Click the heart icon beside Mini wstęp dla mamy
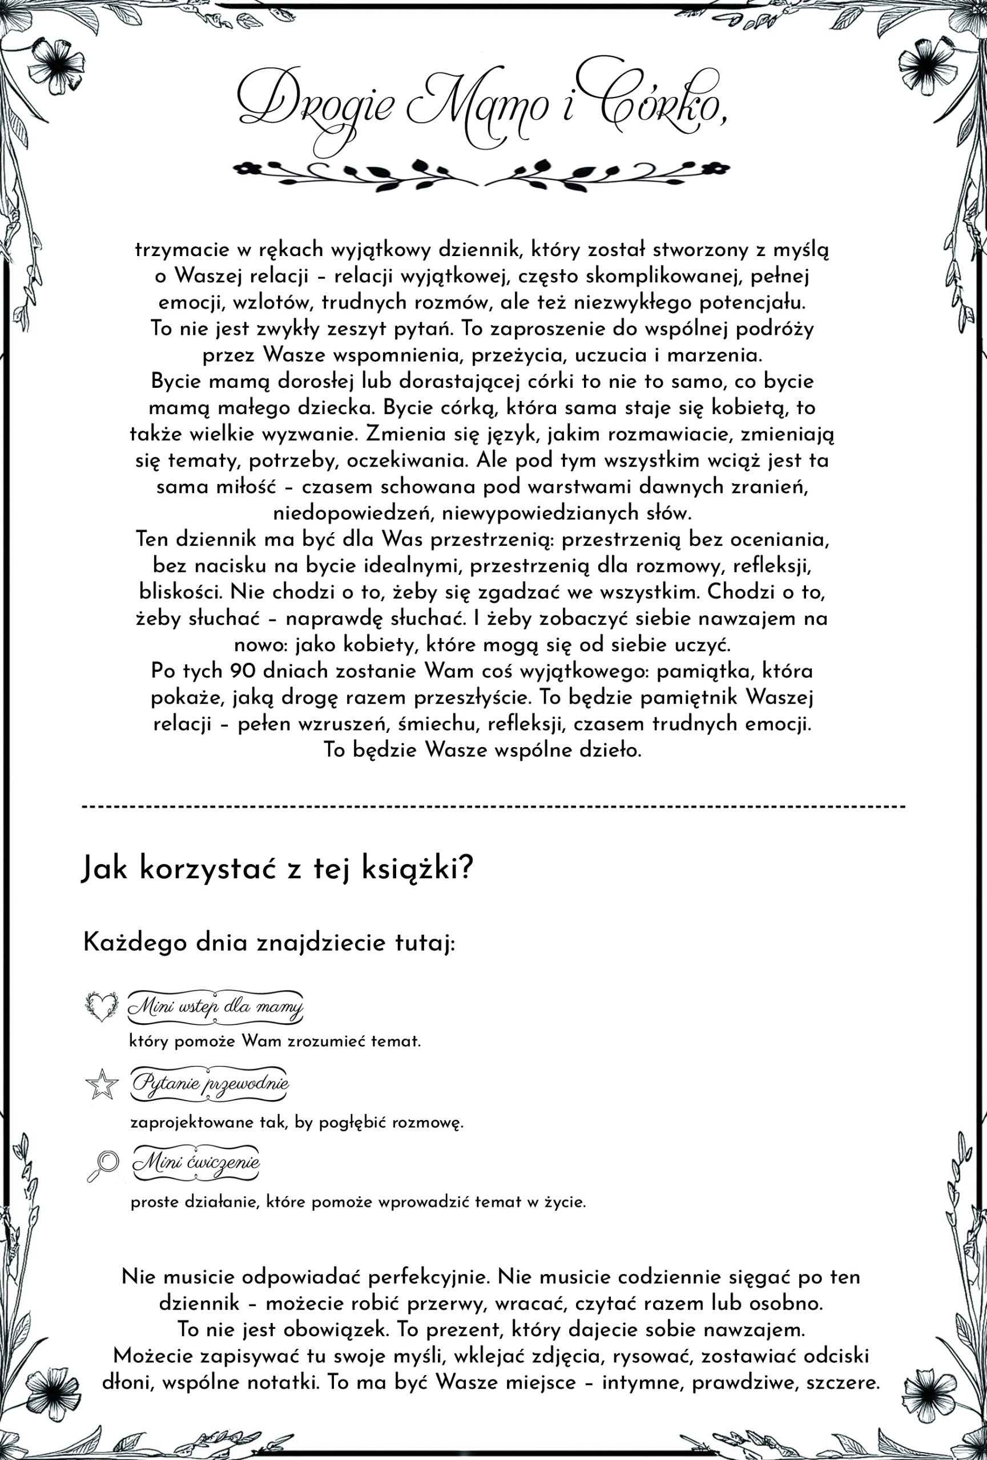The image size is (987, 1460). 101,1007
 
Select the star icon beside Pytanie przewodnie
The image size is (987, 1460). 101,1084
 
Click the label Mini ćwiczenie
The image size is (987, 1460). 196,1162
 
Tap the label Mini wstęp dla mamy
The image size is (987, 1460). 215,1007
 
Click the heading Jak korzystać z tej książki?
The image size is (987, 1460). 277,869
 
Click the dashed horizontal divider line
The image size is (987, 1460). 493,806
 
